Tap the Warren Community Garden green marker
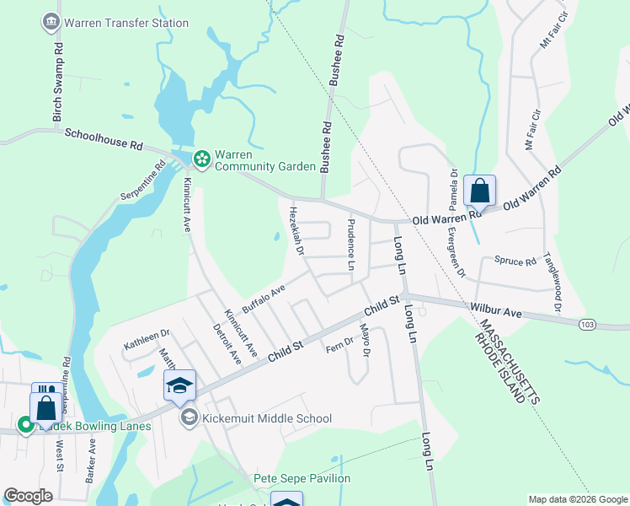[202, 158]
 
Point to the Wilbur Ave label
[497, 313]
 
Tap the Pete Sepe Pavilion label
[302, 479]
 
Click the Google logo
[28, 496]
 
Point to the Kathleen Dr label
[147, 340]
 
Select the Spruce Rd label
[515, 261]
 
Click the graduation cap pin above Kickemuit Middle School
[179, 386]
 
